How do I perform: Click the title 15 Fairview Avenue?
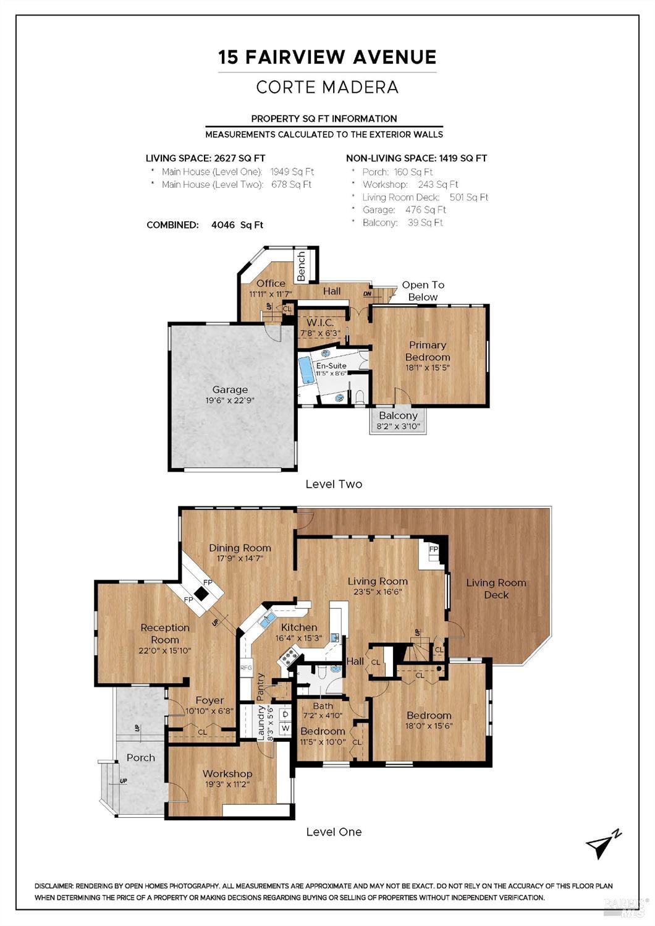[x=327, y=57]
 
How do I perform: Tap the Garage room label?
[x=230, y=389]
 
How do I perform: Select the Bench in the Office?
[x=301, y=266]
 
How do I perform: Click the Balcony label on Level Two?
[x=398, y=415]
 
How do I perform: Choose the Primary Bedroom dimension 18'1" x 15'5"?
[x=428, y=368]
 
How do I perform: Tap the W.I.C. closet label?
[x=320, y=323]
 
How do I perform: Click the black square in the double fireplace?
[x=201, y=594]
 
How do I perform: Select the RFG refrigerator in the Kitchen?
[x=246, y=667]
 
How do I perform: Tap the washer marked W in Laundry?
[x=285, y=728]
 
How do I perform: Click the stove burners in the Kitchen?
[x=287, y=656]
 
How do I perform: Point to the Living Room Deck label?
[x=496, y=588]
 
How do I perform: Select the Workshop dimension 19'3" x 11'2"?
[x=227, y=784]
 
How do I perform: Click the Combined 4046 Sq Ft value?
[x=237, y=225]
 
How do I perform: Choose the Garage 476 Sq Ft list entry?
[x=404, y=210]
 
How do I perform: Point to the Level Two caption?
[x=334, y=484]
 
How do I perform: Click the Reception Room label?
[x=165, y=634]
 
